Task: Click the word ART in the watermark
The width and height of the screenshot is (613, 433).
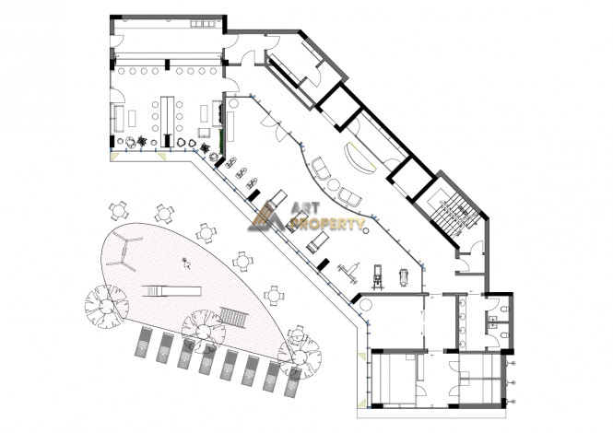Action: point(305,208)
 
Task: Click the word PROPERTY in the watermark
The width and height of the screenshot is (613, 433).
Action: point(331,224)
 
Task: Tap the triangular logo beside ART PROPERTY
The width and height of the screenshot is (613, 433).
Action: point(266,216)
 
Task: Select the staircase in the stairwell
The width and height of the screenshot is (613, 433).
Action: point(454,214)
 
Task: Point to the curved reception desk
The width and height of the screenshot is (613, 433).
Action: point(359,158)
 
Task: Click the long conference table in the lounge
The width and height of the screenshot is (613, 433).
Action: point(168,116)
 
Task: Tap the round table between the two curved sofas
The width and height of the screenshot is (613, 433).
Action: point(334,184)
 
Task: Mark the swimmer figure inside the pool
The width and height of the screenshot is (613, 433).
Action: point(186,263)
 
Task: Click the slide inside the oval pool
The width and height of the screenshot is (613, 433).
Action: point(171,291)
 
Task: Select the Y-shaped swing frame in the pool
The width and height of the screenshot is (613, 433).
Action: point(124,252)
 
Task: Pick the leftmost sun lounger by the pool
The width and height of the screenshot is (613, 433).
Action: point(144,342)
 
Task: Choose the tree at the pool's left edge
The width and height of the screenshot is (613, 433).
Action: point(106,306)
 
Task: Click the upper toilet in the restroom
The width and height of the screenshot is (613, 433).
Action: point(504,310)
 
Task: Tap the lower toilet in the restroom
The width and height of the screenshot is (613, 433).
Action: point(504,335)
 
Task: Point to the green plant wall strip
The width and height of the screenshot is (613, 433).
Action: point(221,142)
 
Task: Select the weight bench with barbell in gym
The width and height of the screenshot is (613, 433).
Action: point(349,273)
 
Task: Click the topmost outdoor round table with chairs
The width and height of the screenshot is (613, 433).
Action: point(119,211)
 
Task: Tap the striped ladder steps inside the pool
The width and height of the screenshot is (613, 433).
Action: point(233,317)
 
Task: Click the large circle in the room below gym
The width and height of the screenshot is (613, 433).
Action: point(366,305)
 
